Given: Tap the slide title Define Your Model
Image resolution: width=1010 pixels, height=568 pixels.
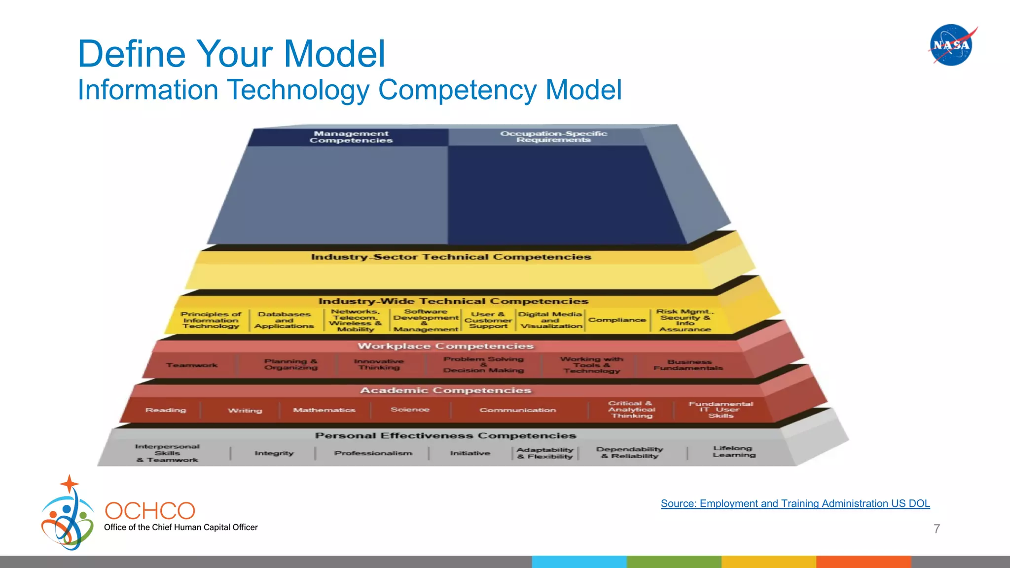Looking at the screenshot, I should click(231, 54).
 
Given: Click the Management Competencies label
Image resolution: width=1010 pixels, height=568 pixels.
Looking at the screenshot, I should click(351, 137).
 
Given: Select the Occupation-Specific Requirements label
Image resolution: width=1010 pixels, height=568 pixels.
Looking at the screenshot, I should click(553, 137).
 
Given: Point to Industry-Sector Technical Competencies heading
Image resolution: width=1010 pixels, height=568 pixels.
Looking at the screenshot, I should click(451, 257).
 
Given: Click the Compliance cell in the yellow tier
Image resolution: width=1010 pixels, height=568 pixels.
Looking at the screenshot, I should click(617, 320).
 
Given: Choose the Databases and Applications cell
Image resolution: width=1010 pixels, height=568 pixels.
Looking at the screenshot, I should click(284, 320).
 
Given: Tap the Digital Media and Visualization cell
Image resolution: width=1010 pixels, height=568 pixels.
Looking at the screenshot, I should click(550, 320).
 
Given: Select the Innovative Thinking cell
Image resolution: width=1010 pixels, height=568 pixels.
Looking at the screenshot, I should click(379, 364).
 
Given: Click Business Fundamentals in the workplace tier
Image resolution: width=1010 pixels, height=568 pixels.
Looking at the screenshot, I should click(688, 365).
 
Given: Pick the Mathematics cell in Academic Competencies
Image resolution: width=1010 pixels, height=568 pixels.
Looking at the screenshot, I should click(324, 410).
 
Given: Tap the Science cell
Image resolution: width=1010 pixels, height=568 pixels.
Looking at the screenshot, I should click(410, 410).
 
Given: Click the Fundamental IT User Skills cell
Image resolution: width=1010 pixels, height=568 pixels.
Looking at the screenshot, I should click(721, 410).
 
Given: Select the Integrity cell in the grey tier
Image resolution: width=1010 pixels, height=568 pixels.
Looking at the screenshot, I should click(274, 453).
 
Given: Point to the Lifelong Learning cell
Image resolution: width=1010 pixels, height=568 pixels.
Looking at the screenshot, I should click(733, 452).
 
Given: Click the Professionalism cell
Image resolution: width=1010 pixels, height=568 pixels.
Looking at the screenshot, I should click(373, 453).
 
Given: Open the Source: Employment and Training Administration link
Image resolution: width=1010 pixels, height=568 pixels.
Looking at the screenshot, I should click(795, 503).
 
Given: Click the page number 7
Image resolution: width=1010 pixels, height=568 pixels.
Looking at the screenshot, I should click(937, 529).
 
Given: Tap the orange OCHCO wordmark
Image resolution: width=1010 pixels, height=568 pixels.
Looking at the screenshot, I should click(150, 511).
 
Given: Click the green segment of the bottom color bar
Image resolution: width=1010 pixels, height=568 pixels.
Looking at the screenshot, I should click(674, 562).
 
